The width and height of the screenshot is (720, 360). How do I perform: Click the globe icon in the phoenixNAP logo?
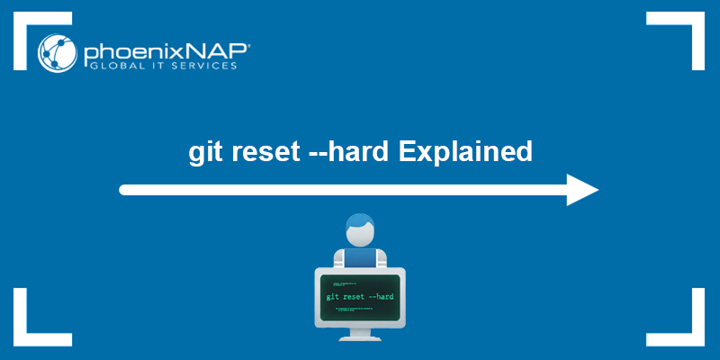pyautogui.click(x=57, y=53)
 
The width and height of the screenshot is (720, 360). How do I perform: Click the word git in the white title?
pyautogui.click(x=204, y=151)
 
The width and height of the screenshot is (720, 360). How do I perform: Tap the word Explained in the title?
pyautogui.click(x=465, y=151)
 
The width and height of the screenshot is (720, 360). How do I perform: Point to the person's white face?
pyautogui.click(x=360, y=238)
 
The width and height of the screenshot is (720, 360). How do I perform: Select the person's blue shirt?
pyautogui.click(x=360, y=258)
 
